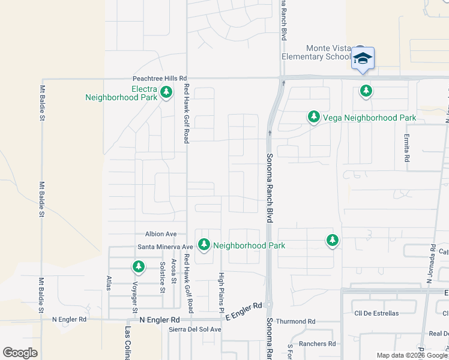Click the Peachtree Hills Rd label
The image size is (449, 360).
click(x=160, y=79)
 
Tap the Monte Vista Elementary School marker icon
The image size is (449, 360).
click(x=363, y=59)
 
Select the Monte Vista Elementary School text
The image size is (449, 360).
click(x=316, y=52)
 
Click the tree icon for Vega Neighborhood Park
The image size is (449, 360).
click(x=313, y=117)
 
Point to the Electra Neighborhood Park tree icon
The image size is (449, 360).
click(x=167, y=93)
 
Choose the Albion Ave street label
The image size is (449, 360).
click(x=161, y=234)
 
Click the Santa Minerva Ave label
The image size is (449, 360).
click(x=165, y=246)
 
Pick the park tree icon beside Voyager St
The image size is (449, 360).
click(x=139, y=266)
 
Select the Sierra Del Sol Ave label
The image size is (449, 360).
click(x=195, y=329)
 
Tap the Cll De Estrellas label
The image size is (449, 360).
click(x=376, y=313)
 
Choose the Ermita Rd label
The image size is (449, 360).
click(x=406, y=148)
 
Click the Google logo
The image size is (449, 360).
click(x=20, y=352)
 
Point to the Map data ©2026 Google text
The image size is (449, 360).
click(x=412, y=355)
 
